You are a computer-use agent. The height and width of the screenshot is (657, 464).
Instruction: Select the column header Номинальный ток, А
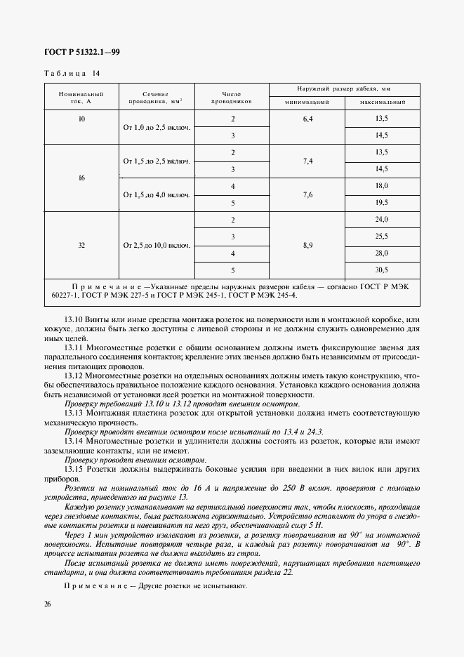[x=81, y=98]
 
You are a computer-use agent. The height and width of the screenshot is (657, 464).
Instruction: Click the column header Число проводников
[x=232, y=98]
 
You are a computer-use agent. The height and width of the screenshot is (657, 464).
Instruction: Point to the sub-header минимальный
[x=307, y=103]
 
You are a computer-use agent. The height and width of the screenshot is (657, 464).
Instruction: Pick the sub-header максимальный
[x=382, y=103]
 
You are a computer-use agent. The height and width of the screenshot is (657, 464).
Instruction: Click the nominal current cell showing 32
[x=81, y=245]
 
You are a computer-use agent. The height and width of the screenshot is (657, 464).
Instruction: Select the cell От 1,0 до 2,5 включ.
[x=157, y=128]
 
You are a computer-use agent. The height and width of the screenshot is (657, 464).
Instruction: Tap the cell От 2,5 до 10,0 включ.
[x=157, y=245]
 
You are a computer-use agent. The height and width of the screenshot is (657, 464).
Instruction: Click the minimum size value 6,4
[x=307, y=120]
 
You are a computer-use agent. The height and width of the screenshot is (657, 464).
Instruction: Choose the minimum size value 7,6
[x=307, y=194]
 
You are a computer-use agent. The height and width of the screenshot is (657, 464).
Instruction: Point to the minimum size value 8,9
[x=307, y=245]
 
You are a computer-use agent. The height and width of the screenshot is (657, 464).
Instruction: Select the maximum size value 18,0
[x=382, y=186]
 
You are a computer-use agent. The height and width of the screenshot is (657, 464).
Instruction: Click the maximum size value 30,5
[x=382, y=270]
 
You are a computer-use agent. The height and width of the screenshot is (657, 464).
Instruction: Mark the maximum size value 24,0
[x=382, y=220]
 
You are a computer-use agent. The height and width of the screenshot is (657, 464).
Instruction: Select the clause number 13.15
[x=74, y=468]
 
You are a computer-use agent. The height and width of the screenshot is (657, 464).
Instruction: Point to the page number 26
[x=47, y=604]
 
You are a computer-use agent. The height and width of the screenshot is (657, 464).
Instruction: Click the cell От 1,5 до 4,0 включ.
[x=157, y=194]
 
